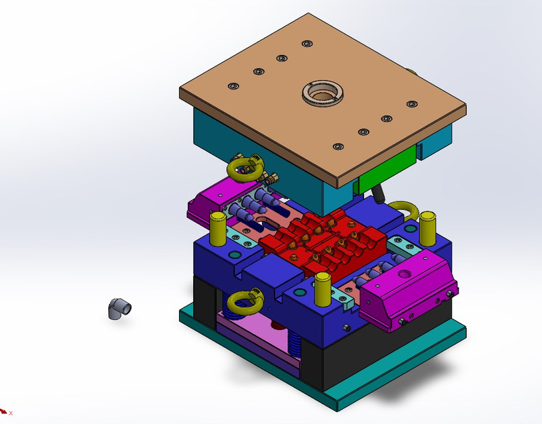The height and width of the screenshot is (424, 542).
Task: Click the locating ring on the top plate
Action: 323,93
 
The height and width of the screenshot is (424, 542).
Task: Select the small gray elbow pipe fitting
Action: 119,309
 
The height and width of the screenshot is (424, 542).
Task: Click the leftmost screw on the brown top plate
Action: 232,86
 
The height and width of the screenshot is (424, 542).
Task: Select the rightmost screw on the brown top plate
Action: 411,104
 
